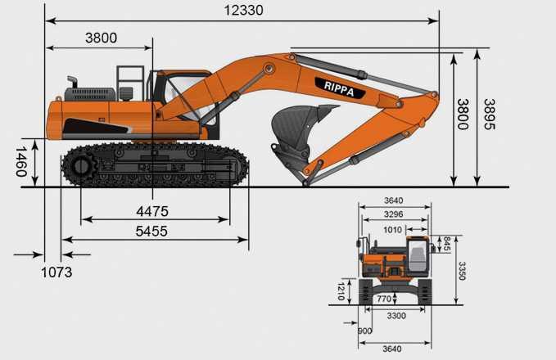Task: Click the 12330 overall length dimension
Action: tap(243, 11)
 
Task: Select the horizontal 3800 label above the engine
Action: tap(101, 38)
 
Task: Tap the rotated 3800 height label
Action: tap(463, 114)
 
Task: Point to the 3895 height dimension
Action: tap(490, 114)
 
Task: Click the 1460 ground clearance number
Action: tap(21, 161)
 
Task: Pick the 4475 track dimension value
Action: tap(152, 212)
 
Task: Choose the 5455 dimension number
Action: tap(151, 232)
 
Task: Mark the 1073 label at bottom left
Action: tap(57, 272)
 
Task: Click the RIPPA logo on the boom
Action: tap(339, 88)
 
